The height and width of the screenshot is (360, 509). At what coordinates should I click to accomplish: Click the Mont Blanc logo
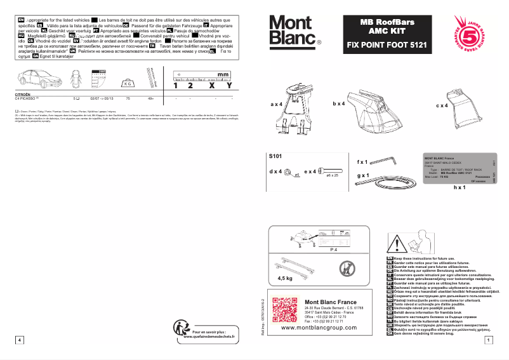point(293,30)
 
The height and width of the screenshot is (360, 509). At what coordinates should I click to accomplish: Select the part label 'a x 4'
point(279,103)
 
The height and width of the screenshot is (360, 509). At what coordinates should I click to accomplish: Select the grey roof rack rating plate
point(456,170)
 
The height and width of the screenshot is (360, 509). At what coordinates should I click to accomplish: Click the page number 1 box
point(487,340)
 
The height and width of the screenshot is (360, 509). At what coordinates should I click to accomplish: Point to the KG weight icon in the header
point(127,83)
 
